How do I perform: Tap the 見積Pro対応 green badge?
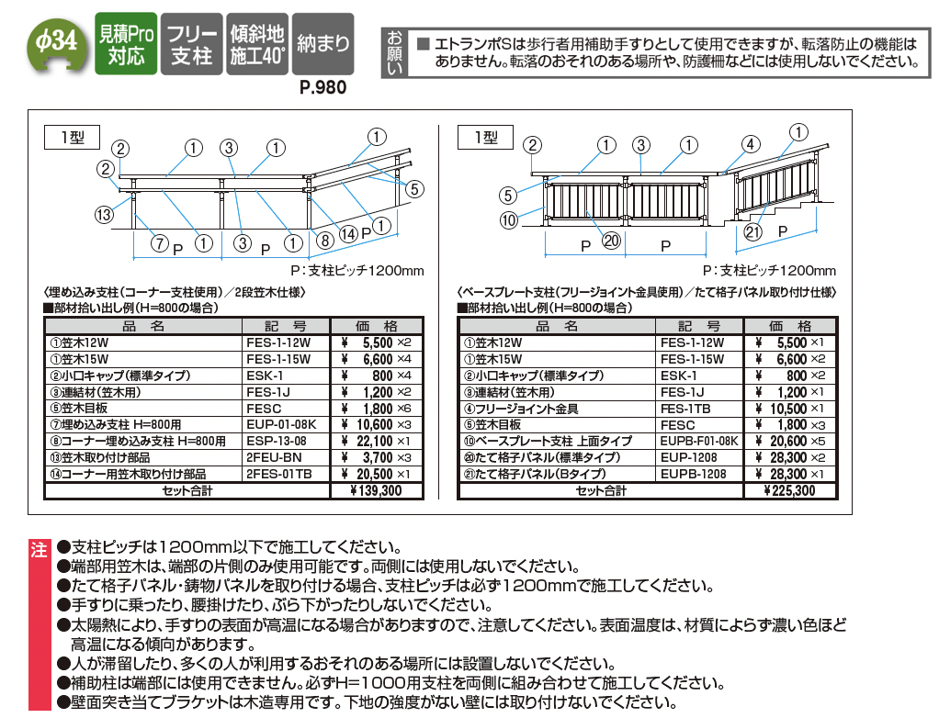[126, 44]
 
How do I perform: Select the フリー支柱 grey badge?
[192, 44]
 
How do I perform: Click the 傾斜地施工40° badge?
[257, 44]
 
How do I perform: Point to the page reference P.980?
[322, 87]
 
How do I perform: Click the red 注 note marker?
[40, 550]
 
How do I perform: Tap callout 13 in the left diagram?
[104, 214]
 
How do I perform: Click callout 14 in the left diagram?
[348, 233]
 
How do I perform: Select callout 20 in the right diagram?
[611, 241]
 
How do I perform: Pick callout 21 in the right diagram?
[752, 232]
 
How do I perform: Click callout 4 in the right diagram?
[751, 144]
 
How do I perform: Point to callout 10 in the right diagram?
[508, 220]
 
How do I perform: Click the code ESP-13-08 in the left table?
[277, 441]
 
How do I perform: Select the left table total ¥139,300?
[376, 490]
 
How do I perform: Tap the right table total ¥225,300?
[789, 490]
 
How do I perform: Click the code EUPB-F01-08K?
[699, 441]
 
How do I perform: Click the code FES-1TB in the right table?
[685, 409]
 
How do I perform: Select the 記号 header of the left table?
[286, 326]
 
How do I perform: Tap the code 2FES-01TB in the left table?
[279, 474]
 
